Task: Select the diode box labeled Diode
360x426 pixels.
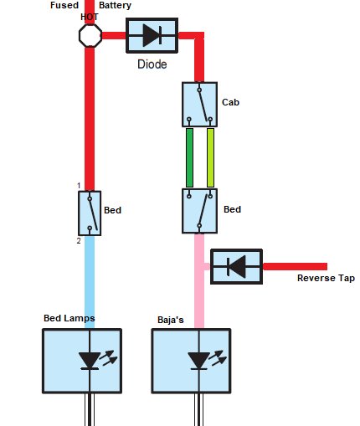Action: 152,35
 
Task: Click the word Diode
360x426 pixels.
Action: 152,64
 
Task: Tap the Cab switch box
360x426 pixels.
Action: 199,105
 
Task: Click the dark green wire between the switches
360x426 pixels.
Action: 189,157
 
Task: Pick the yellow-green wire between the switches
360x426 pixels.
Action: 210,157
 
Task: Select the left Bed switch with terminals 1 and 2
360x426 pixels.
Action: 90,213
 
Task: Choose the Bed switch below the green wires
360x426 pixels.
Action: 199,211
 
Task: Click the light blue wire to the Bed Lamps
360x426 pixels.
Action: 90,282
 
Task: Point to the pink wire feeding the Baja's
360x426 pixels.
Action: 199,281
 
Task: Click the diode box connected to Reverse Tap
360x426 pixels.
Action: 236,267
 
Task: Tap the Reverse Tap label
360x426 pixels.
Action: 326,278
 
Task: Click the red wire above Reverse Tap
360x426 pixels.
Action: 295,266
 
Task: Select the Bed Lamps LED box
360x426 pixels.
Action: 82,361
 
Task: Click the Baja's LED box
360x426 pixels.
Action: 191,361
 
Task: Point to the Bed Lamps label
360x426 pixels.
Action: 69,318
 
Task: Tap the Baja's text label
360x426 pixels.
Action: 171,320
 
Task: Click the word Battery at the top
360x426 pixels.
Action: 115,5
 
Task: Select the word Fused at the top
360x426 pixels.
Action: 64,5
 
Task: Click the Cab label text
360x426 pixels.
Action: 230,102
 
